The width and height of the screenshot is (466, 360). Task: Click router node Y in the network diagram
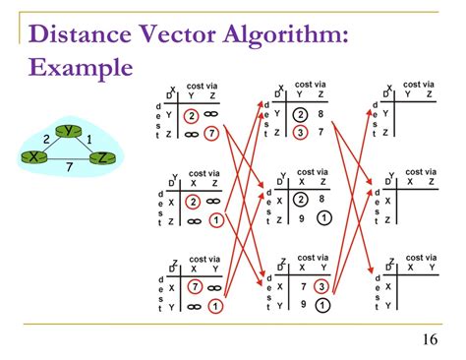coord(67,132)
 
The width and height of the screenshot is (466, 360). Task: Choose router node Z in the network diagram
coord(102,157)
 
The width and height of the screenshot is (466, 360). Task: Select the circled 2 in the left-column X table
coord(194,113)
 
